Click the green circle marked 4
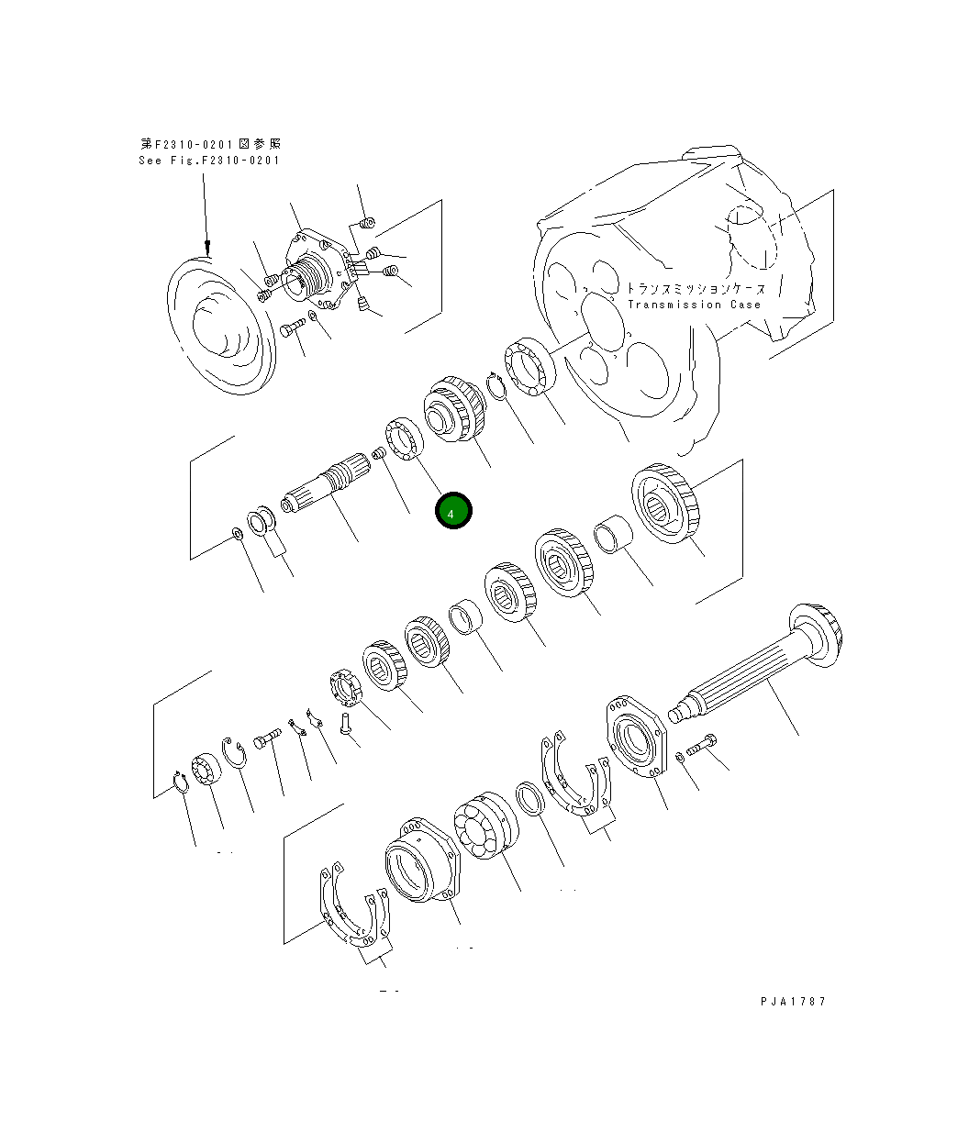click(x=452, y=512)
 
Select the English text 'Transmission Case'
click(x=694, y=305)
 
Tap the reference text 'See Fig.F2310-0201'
click(x=209, y=161)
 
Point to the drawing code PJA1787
click(x=793, y=1001)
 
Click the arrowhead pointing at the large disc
click(x=207, y=247)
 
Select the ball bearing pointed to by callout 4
click(x=404, y=438)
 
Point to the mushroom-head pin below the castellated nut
click(x=346, y=723)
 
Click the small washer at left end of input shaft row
click(x=236, y=535)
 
